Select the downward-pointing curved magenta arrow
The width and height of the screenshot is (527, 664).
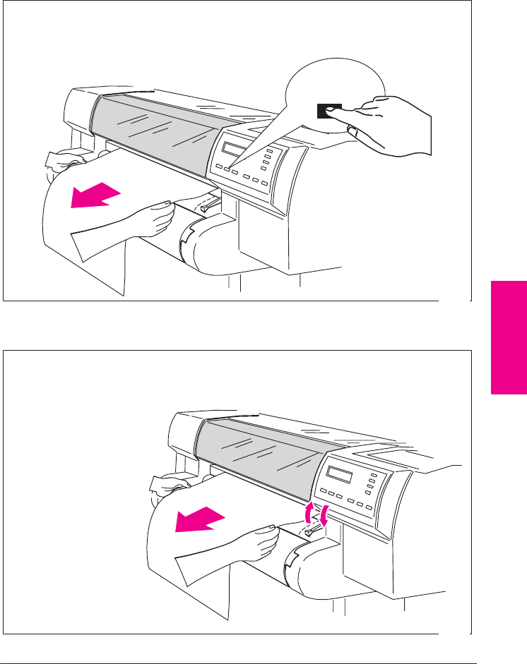point(324,517)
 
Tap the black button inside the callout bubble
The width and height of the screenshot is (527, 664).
point(329,110)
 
